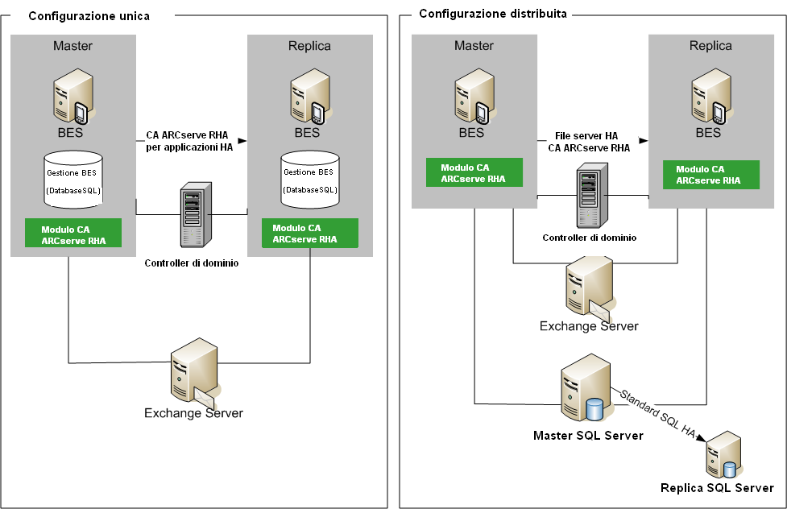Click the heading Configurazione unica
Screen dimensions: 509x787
pyautogui.click(x=89, y=16)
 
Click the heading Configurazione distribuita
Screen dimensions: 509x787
pyautogui.click(x=493, y=14)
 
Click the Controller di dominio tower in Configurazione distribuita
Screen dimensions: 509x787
pyautogui.click(x=588, y=198)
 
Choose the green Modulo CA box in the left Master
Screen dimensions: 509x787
pyautogui.click(x=73, y=232)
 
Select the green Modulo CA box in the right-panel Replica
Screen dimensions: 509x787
pyautogui.click(x=710, y=175)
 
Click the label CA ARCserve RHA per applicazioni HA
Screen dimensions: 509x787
pyautogui.click(x=191, y=141)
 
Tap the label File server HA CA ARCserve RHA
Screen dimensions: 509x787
pyautogui.click(x=588, y=142)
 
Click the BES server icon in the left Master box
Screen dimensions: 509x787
pyautogui.click(x=70, y=94)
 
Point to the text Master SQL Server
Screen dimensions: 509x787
pyautogui.click(x=588, y=436)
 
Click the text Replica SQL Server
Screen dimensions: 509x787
pyautogui.click(x=717, y=488)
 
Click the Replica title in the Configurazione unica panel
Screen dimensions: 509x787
pyautogui.click(x=309, y=46)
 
